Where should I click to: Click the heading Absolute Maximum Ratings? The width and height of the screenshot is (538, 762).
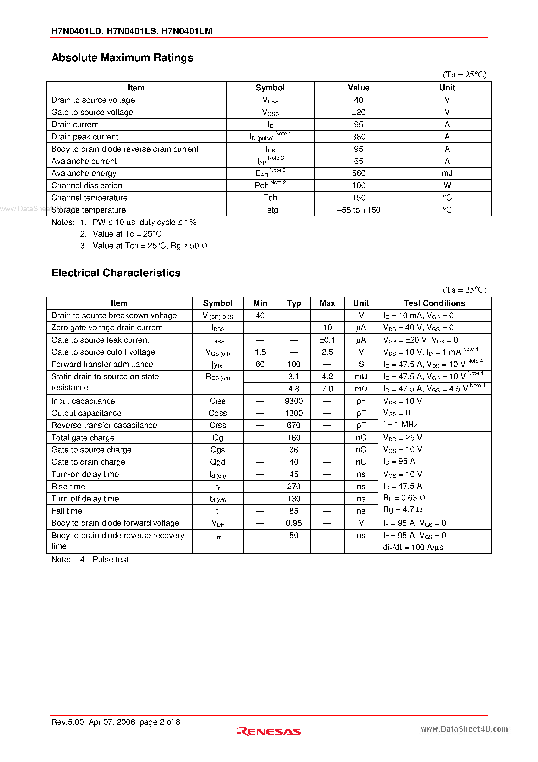122,58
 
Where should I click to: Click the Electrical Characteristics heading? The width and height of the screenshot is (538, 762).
116,273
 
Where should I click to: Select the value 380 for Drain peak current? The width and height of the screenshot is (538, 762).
359,137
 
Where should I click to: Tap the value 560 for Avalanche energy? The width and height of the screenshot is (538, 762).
359,173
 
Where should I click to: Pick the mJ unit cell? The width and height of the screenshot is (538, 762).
447,173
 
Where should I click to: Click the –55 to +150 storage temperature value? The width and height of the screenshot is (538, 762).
359,210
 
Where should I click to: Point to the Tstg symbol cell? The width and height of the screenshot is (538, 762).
270,210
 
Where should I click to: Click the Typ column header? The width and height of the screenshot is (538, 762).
293,303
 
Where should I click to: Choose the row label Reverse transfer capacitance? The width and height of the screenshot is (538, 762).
104,426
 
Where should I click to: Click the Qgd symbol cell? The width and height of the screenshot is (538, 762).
218,462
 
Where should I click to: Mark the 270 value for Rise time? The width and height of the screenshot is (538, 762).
293,487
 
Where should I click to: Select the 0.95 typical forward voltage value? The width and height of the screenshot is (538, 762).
293,523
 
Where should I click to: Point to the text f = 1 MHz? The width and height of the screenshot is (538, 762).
400,425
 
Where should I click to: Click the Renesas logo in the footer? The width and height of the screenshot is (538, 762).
269,732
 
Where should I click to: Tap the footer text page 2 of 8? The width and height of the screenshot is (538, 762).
160,722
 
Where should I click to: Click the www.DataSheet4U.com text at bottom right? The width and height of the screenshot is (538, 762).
464,729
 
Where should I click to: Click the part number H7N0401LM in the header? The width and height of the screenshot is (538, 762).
187,31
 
